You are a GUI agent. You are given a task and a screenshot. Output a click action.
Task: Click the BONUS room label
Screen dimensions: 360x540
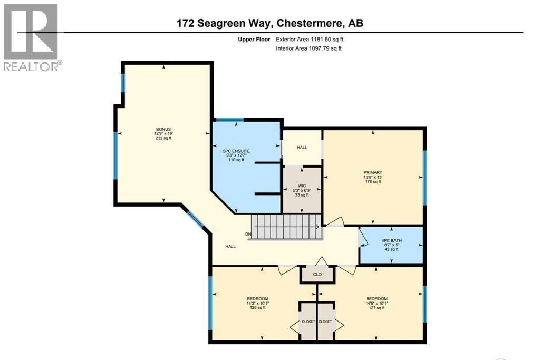pos(163,129)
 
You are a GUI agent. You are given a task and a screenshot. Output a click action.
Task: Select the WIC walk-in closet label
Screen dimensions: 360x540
pos(302,186)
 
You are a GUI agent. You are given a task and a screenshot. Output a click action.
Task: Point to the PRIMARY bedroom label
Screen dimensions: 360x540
pos(372,172)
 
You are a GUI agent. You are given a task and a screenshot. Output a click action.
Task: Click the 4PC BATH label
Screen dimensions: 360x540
pos(391,240)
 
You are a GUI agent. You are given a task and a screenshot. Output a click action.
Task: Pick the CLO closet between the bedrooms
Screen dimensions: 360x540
pos(317,274)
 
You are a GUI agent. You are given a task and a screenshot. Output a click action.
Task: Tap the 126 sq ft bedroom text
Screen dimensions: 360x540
pos(258,308)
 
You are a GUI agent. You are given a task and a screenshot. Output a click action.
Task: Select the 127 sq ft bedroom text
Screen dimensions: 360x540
pos(377,308)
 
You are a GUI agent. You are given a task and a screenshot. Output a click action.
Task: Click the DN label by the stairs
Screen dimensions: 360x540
pos(248,234)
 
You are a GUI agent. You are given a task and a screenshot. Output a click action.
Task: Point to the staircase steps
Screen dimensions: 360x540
pos(285,227)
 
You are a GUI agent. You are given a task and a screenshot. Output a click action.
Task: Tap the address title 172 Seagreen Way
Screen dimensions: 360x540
pos(269,24)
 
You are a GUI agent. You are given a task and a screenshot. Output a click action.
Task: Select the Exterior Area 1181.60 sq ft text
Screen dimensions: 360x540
pos(311,39)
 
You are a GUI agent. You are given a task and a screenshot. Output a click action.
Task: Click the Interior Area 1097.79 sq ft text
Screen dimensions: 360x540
pos(309,48)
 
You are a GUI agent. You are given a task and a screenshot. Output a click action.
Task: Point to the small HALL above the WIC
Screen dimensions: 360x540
pos(302,147)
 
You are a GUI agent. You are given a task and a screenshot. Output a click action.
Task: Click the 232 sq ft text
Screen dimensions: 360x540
pos(163,138)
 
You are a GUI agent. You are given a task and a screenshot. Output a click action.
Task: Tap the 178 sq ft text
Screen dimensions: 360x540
pos(372,182)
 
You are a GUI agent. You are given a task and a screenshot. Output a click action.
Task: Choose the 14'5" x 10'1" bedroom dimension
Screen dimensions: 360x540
pos(377,303)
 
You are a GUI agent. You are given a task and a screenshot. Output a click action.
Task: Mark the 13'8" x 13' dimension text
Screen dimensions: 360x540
pos(372,177)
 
